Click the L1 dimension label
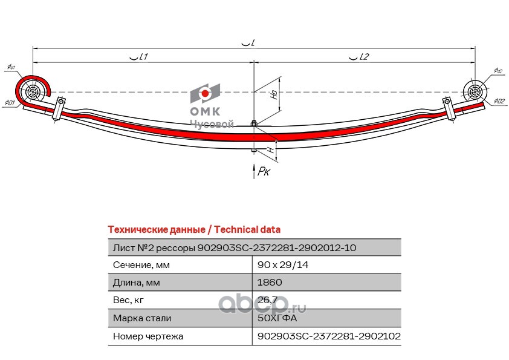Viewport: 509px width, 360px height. [140, 57]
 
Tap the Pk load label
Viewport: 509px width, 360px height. [264, 172]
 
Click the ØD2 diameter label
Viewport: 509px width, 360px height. [499, 101]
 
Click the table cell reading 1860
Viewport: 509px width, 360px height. [270, 282]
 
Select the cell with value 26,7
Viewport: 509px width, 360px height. [267, 299]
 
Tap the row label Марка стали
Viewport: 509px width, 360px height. [142, 318]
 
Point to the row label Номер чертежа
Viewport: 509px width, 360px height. [148, 336]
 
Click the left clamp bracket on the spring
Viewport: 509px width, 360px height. [59, 109]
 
